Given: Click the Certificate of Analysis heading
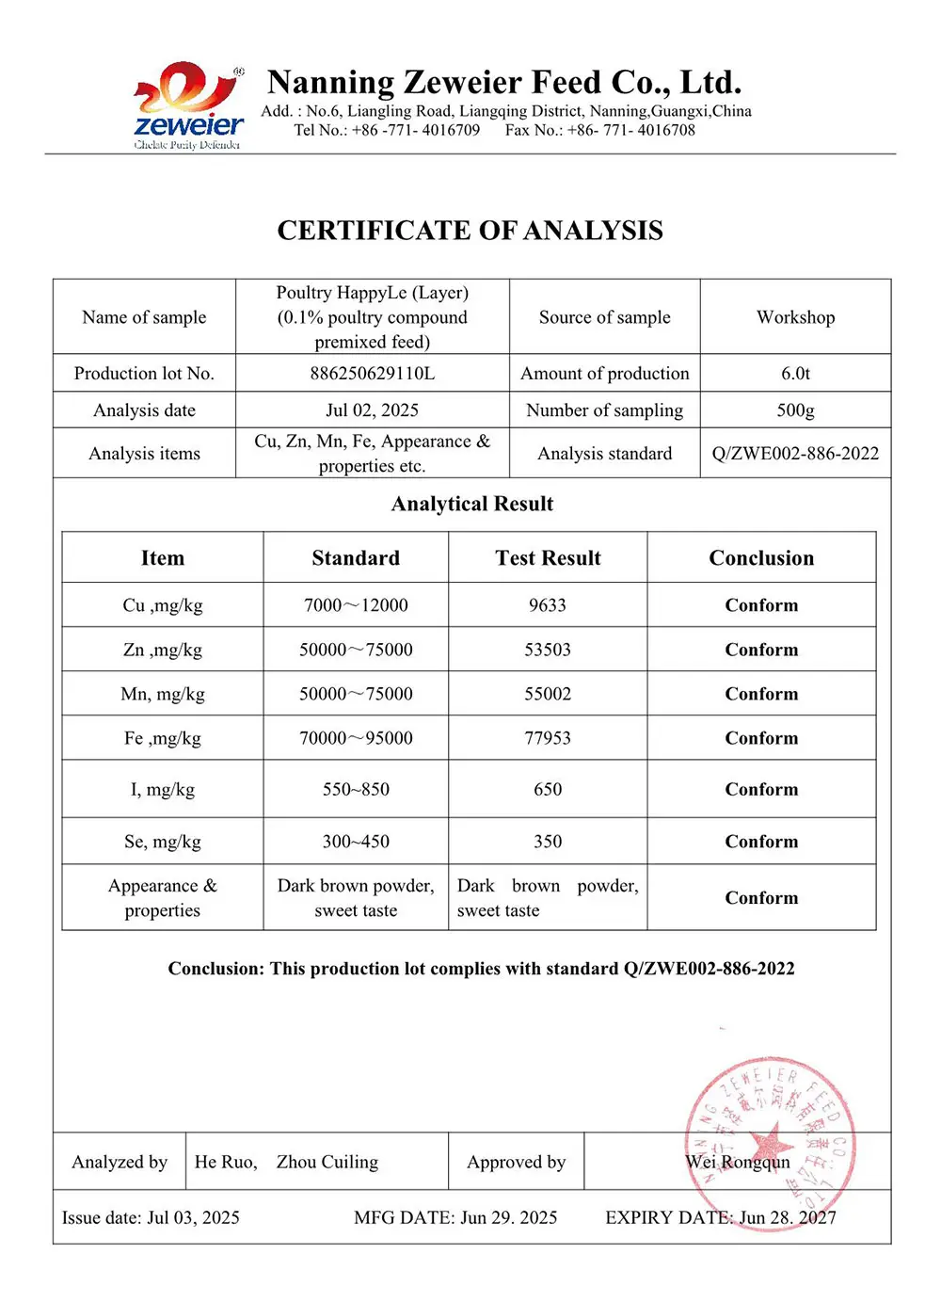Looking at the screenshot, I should coord(470,231).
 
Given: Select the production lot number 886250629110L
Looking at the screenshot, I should coord(373,374).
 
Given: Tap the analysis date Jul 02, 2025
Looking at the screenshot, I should coord(373,410).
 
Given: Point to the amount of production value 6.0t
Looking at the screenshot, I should coord(795,374).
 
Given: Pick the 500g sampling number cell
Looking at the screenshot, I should coord(795,410).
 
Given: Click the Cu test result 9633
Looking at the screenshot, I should coord(548,605).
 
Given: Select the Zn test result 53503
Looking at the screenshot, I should coord(548,650).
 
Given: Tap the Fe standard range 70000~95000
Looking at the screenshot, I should coord(356,738).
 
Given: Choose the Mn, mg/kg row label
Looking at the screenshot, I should coord(163,694).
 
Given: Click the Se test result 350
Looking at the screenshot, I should coord(548,842).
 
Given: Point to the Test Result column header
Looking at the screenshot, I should coord(548,558).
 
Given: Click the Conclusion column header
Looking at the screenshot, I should coord(761,558).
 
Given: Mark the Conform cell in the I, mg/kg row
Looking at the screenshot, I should coord(761,790).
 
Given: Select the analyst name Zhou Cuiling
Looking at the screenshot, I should coord(327,1163).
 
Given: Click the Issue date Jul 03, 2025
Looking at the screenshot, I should coord(151,1218).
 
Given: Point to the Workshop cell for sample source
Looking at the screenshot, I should coord(795,317).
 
